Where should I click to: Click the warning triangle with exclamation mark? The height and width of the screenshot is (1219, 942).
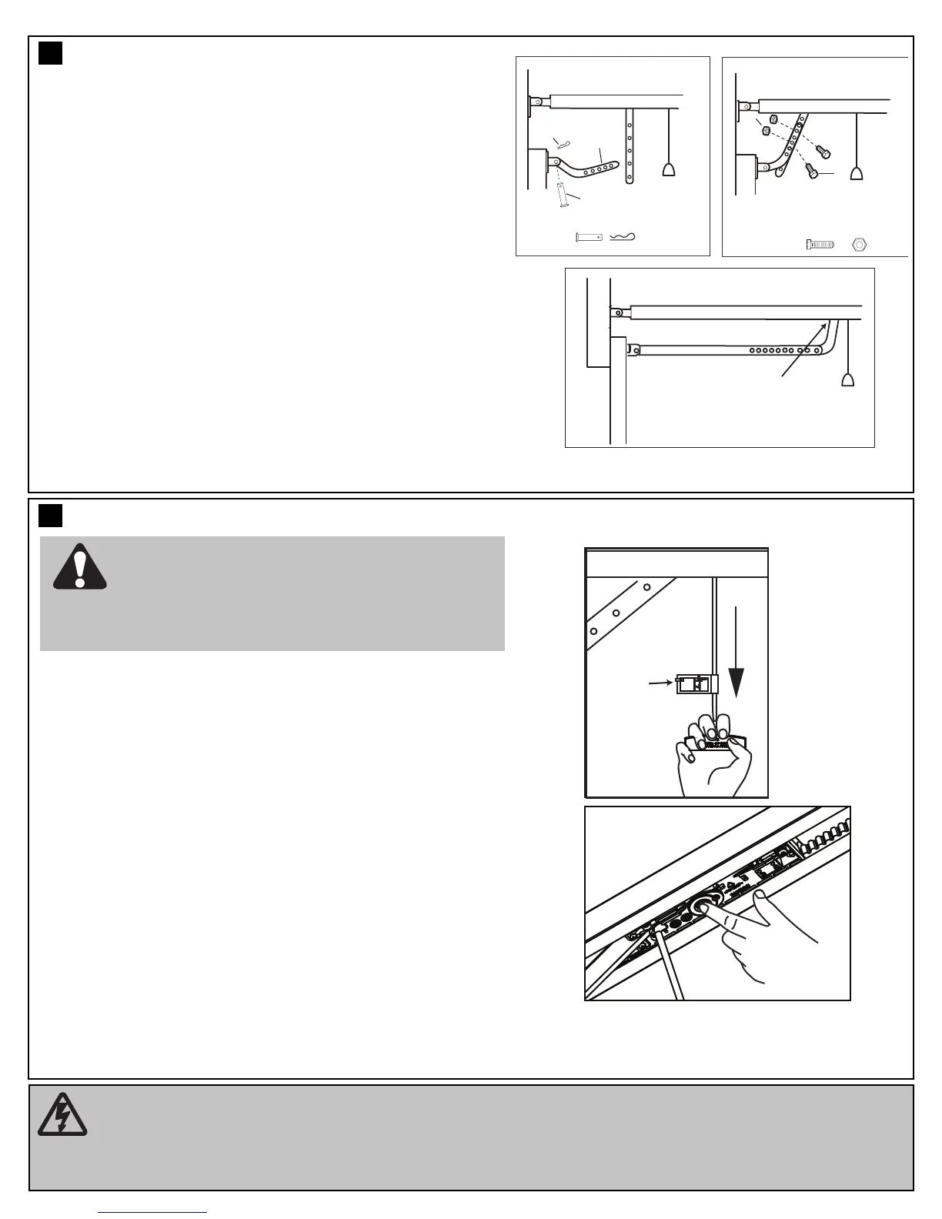pos(79,567)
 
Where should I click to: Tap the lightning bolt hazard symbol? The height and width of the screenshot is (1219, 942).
pos(62,1115)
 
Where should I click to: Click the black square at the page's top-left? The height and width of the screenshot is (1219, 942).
pos(50,53)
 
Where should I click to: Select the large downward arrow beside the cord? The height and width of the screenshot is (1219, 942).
pos(737,650)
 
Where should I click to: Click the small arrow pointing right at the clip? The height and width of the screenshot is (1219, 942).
pos(660,681)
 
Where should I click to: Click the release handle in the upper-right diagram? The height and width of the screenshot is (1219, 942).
pos(856,172)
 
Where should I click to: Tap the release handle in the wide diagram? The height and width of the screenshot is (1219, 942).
pos(848,379)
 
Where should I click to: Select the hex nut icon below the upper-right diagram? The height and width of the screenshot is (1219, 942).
pos(860,244)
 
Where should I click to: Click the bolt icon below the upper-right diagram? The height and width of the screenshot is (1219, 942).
pos(820,244)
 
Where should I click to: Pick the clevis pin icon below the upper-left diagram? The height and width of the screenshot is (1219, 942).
pos(589,237)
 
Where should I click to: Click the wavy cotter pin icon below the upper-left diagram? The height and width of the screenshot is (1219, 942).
pos(623,237)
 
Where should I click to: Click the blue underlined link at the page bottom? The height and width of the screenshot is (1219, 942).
pos(152,1212)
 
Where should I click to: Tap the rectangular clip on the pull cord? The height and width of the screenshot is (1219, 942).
pos(695,683)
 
